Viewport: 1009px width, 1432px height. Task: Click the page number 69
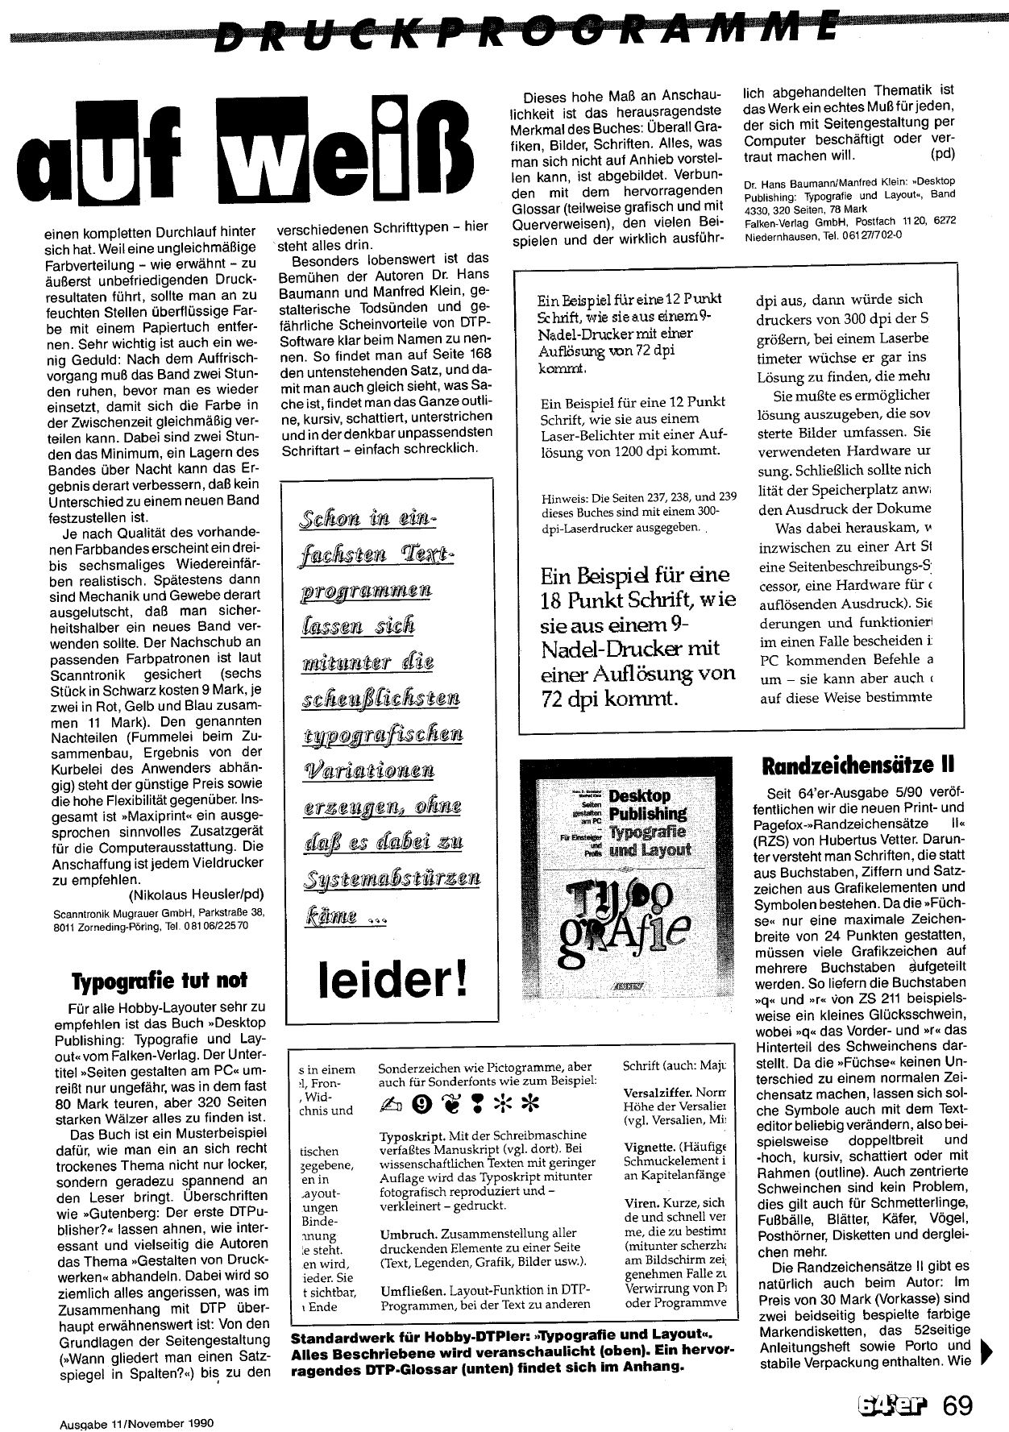pyautogui.click(x=957, y=1407)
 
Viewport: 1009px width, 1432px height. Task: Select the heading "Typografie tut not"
pyautogui.click(x=160, y=981)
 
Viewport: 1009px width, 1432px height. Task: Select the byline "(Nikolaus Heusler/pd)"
pyautogui.click(x=196, y=894)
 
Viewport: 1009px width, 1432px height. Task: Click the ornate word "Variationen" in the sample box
pyautogui.click(x=368, y=770)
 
